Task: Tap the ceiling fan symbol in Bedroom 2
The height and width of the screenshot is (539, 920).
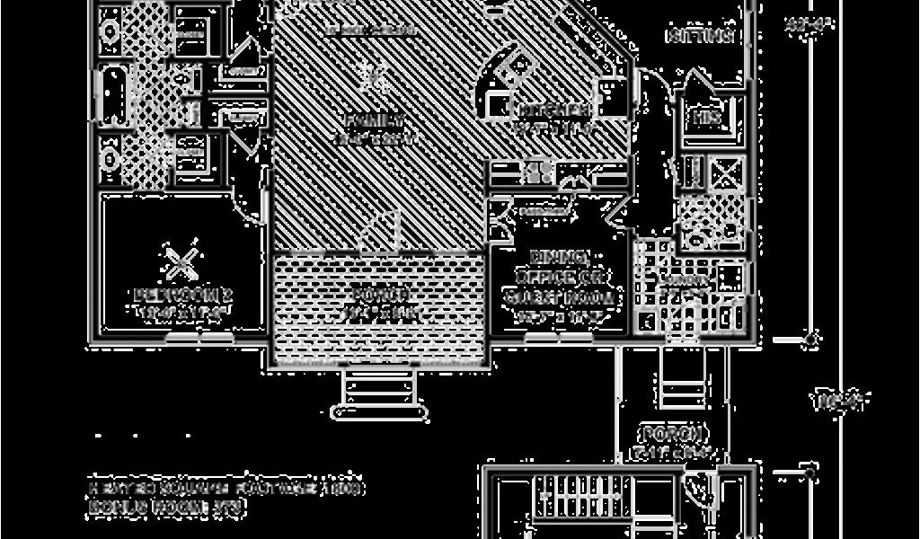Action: pyautogui.click(x=182, y=262)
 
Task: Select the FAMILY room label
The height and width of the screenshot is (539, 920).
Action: pyautogui.click(x=375, y=120)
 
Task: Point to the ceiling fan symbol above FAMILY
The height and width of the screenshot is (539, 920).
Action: pyautogui.click(x=374, y=78)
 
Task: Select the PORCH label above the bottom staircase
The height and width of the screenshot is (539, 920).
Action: pyautogui.click(x=671, y=434)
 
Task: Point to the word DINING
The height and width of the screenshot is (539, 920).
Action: pyautogui.click(x=560, y=256)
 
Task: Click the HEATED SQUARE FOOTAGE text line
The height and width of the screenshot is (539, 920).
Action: pyautogui.click(x=226, y=489)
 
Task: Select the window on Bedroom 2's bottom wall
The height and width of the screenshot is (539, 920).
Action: pyautogui.click(x=199, y=339)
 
